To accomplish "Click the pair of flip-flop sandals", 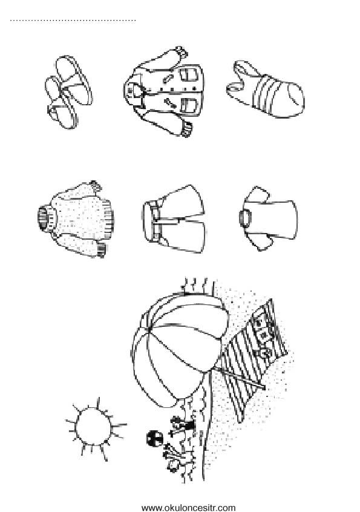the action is (x=68, y=91).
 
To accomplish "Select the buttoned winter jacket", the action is (x=165, y=91).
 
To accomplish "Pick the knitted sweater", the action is (x=77, y=218).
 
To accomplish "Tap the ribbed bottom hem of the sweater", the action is (x=109, y=218).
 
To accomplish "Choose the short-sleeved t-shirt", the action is (x=268, y=218).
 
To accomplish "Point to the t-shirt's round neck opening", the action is (x=245, y=218).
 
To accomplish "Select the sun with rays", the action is (x=94, y=427).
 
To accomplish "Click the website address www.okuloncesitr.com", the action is (x=188, y=508).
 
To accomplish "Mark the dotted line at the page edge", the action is (x=73, y=21).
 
